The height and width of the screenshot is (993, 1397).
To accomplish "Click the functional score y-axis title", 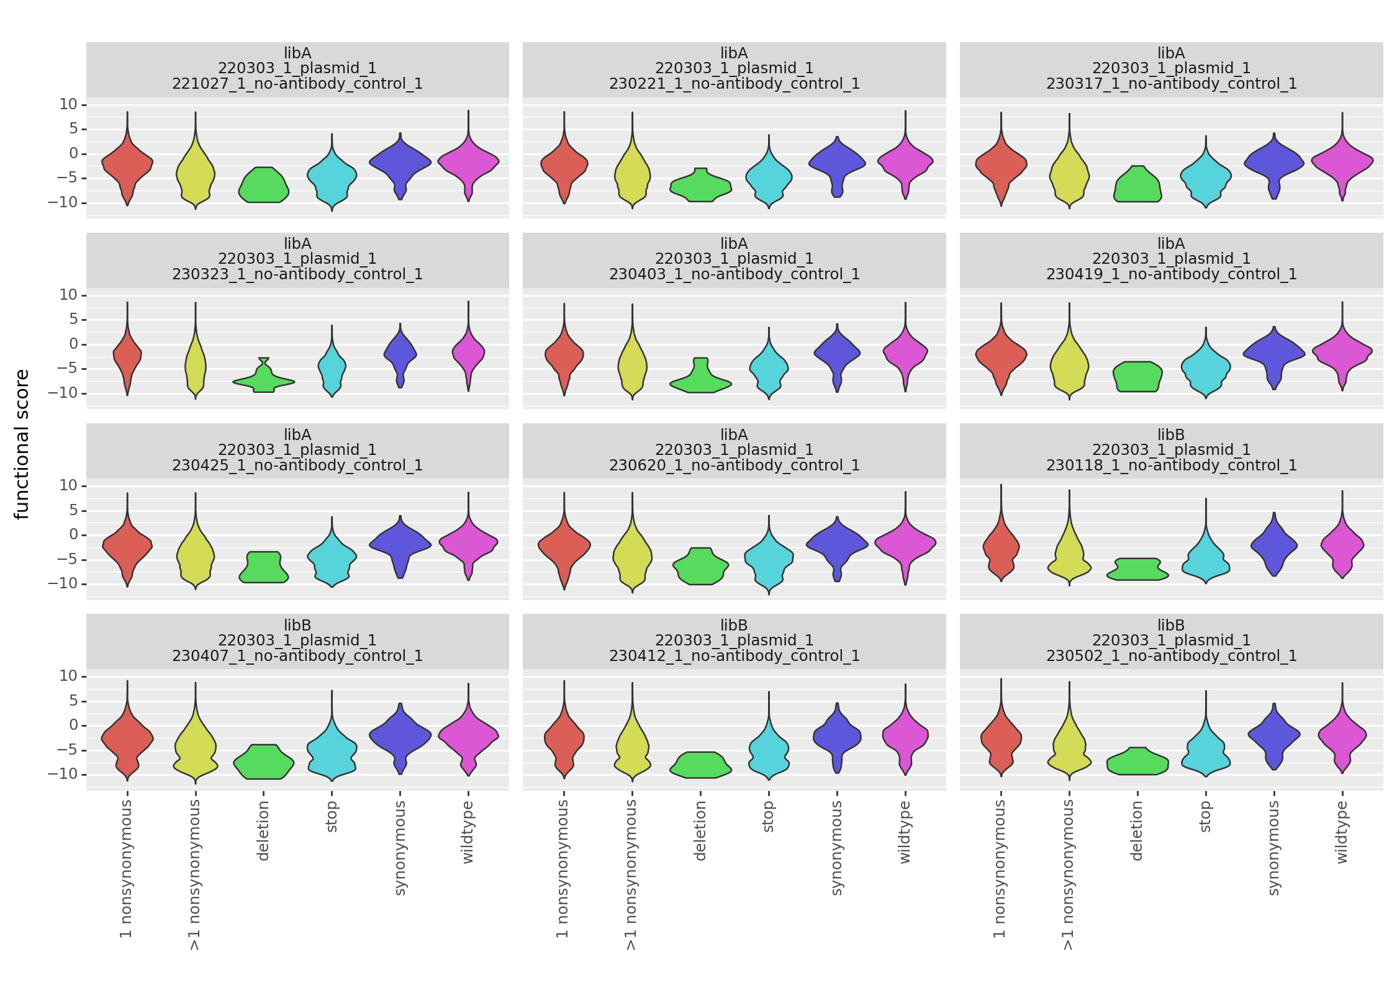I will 22,444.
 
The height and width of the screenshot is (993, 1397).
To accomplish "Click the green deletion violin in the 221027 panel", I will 263,186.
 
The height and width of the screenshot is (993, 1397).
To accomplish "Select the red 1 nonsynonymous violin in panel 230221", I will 564,164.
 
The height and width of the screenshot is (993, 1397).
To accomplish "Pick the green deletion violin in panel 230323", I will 263,382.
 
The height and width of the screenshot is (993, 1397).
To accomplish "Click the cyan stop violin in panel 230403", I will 769,369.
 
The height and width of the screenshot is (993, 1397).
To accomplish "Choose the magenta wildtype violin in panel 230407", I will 468,735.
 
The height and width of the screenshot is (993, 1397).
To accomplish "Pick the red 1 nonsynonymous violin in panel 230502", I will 1001,739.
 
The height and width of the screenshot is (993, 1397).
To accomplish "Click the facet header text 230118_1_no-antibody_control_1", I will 1171,465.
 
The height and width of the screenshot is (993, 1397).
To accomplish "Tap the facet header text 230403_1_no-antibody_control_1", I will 734,274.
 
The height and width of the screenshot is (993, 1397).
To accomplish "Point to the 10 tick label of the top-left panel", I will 68,104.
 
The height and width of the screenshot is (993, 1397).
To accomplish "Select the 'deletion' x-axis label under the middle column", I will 700,830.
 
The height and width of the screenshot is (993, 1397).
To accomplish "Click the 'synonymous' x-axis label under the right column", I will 1273,847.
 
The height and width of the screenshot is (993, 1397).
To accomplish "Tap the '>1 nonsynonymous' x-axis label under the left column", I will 195,874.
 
